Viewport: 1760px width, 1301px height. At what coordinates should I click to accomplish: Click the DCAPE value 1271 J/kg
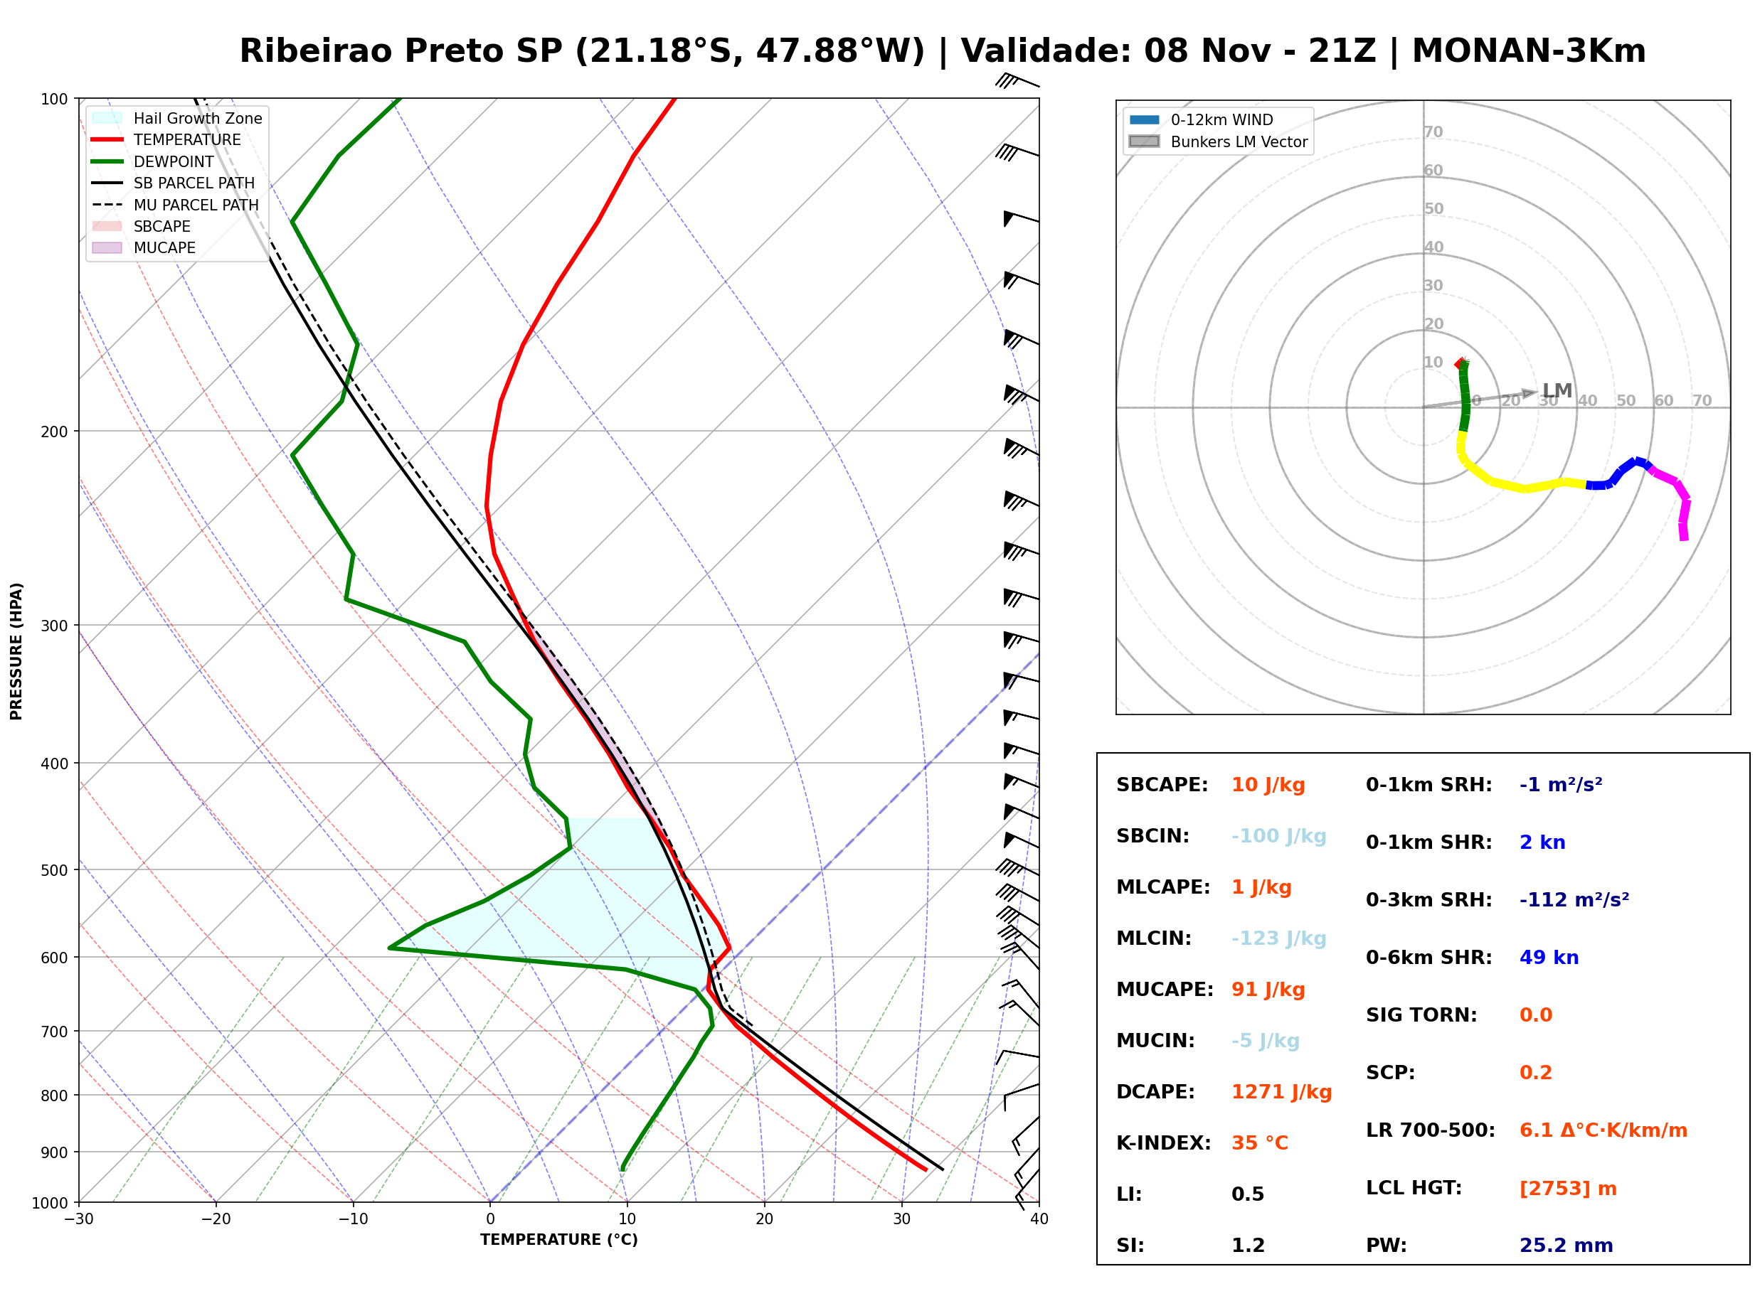click(1281, 1092)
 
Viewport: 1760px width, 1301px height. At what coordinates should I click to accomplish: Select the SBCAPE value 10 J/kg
click(1268, 785)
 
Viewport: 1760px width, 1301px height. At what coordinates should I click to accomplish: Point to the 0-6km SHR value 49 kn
click(1549, 958)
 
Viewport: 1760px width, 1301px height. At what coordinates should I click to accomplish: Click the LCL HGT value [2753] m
click(1568, 1189)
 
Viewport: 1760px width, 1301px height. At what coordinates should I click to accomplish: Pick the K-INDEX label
click(1163, 1143)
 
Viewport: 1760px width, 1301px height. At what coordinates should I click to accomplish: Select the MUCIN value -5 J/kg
click(1266, 1041)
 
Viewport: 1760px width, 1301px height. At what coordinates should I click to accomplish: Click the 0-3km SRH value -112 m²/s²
click(1574, 899)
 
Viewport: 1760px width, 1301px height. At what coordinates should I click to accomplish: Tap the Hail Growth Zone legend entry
click(176, 118)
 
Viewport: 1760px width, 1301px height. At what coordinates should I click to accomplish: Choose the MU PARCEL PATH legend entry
click(175, 205)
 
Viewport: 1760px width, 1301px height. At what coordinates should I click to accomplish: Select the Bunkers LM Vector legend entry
click(1218, 141)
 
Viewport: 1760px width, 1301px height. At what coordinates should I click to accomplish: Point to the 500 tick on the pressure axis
click(55, 870)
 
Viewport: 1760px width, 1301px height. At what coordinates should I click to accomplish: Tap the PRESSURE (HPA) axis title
click(16, 651)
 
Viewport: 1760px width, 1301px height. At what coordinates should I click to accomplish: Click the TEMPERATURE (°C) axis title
click(558, 1240)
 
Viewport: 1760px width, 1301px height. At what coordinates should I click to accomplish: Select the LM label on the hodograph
click(1557, 390)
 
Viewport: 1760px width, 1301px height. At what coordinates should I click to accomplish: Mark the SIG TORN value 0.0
click(1535, 1015)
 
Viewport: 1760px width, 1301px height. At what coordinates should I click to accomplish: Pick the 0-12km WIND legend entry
click(1201, 119)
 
